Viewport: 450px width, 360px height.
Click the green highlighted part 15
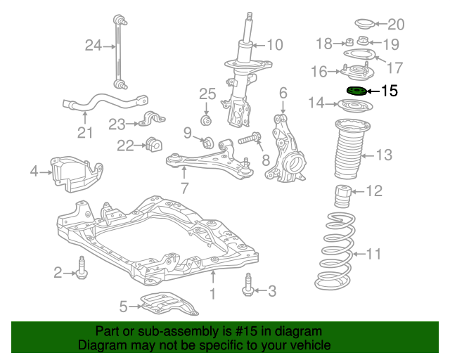[x=356, y=91]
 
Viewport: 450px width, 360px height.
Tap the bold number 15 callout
[x=390, y=91]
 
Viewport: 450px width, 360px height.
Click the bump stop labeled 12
[x=343, y=197]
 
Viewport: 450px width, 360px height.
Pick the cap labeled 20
[x=365, y=24]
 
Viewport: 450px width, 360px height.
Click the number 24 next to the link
[x=94, y=46]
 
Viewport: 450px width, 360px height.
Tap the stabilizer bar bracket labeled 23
[x=151, y=119]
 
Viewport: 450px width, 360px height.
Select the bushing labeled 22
[x=154, y=144]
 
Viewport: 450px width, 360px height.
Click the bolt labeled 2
[x=82, y=268]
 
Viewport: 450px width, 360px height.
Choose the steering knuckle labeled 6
[x=285, y=148]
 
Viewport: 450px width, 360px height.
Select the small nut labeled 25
[x=206, y=120]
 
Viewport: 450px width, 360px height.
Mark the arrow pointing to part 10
[x=259, y=45]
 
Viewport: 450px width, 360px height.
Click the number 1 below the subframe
[x=212, y=294]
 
